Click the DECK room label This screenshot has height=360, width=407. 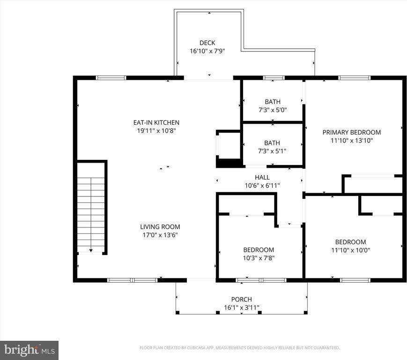207,43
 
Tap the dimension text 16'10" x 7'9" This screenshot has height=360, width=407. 207,51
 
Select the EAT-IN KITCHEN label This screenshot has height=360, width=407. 156,123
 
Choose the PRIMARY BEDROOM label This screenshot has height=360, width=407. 351,132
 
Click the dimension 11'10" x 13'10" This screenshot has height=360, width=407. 351,140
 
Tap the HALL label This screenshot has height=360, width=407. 262,177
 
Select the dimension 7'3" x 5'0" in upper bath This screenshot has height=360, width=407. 272,110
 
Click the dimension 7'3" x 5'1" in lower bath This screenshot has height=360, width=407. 272,151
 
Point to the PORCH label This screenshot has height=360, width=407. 241,300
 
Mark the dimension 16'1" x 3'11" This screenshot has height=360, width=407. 241,308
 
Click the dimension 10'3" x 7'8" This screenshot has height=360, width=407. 258,258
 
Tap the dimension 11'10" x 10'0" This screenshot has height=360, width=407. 350,250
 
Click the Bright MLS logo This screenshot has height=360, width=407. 29,350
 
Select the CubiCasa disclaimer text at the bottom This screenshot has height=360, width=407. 239,348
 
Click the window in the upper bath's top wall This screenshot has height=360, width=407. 274,78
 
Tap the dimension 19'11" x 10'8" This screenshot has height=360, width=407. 156,131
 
